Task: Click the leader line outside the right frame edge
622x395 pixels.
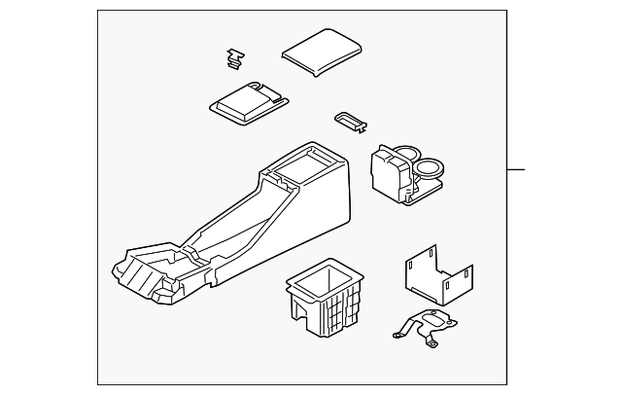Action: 515,170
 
